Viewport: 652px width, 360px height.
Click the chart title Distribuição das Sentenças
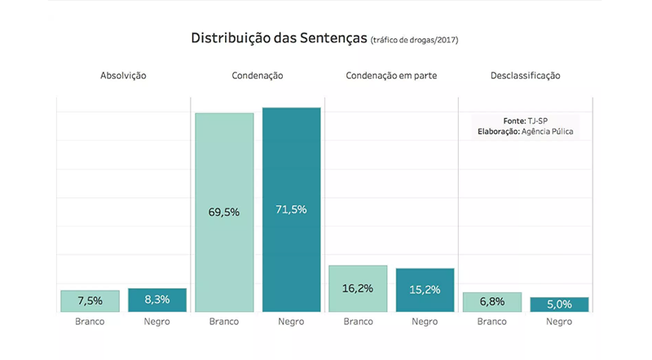tap(278, 38)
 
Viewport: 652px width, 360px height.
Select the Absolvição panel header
tap(123, 76)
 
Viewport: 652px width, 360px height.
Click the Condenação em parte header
tap(391, 76)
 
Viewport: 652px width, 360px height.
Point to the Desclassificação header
tap(526, 76)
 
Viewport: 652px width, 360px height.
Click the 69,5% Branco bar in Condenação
tap(224, 212)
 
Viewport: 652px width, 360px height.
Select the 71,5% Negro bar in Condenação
tap(291, 209)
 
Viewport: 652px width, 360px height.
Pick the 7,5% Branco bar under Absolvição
tap(90, 301)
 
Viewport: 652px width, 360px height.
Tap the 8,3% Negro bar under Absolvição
tap(156, 300)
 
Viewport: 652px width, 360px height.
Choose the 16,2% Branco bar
tap(358, 288)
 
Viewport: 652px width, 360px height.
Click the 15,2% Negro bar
tap(425, 290)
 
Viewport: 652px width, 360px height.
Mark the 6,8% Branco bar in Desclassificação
tap(491, 301)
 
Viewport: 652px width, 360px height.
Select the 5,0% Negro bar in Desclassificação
tap(558, 304)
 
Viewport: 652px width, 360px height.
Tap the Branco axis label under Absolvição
tap(90, 322)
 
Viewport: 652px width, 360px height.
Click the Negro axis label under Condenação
tap(291, 322)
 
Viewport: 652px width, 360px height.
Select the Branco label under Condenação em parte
tap(358, 322)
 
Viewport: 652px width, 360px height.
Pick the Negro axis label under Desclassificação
tap(558, 322)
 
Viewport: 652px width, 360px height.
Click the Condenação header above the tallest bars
tap(258, 76)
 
